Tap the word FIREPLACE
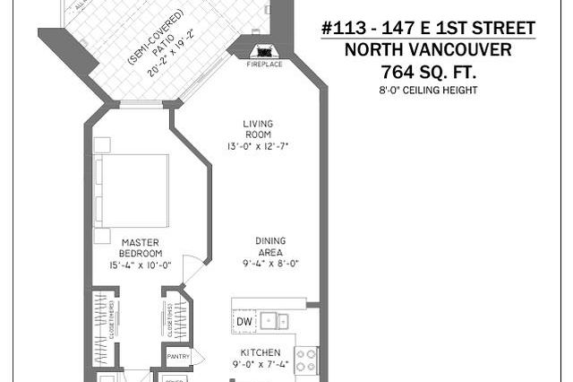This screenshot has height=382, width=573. pyautogui.click(x=265, y=65)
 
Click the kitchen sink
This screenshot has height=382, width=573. pyautogui.click(x=273, y=321)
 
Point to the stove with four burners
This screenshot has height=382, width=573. pyautogui.click(x=305, y=359)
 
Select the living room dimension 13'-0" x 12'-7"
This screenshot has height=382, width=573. pyautogui.click(x=257, y=145)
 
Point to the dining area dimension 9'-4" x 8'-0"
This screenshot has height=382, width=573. pyautogui.click(x=269, y=264)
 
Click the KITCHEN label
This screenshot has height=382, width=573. pyautogui.click(x=261, y=352)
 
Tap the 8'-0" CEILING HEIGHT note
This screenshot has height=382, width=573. pyautogui.click(x=427, y=90)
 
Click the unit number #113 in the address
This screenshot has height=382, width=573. pyautogui.click(x=344, y=29)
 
